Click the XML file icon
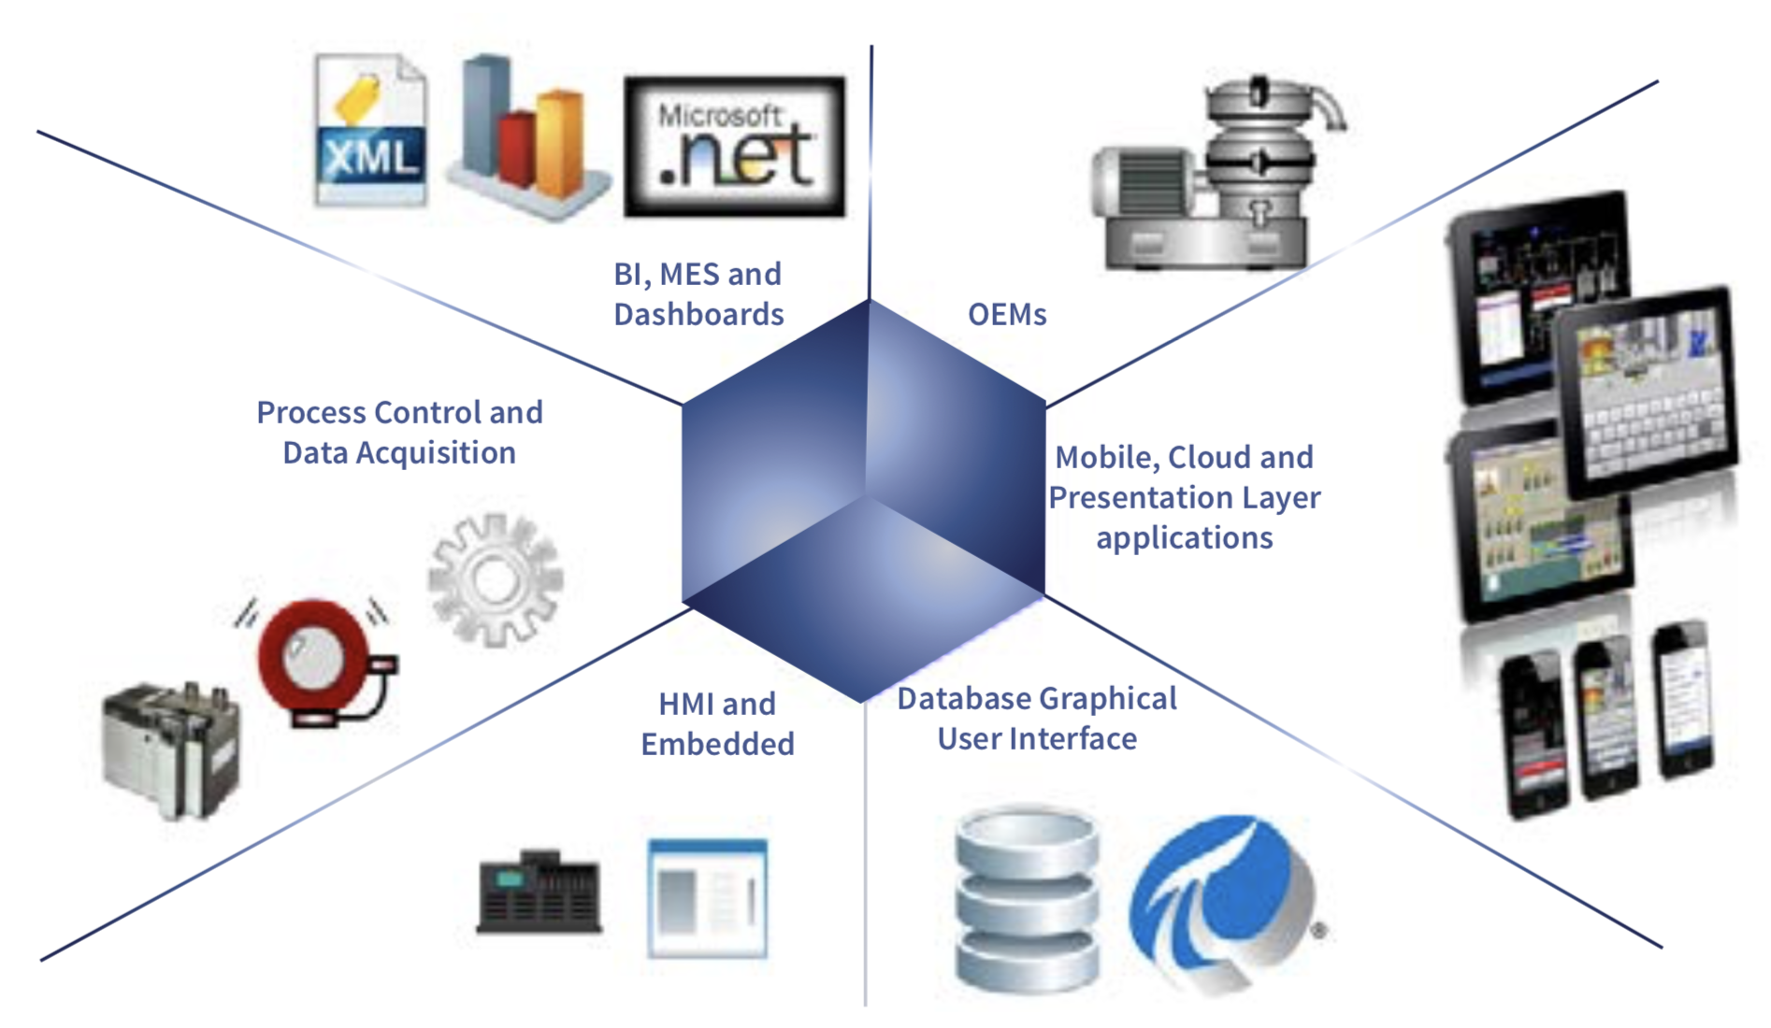coord(371,131)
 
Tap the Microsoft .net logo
coord(734,147)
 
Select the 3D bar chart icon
coord(526,136)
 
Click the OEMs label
coord(1006,315)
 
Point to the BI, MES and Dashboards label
coord(698,293)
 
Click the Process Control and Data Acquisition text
coord(399,432)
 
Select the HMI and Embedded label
coord(717,723)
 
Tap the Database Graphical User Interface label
coord(1036,718)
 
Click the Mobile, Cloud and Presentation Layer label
coord(1184,497)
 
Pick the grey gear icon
coord(495,579)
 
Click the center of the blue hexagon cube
coord(864,500)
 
